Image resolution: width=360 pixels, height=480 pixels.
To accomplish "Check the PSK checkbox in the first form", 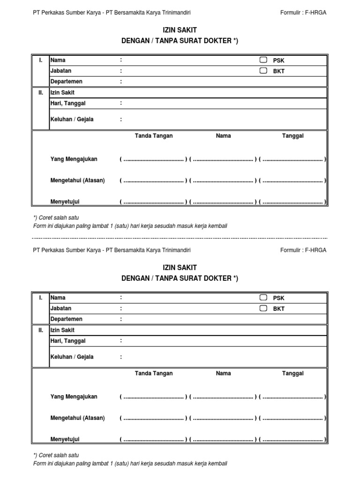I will (x=263, y=60).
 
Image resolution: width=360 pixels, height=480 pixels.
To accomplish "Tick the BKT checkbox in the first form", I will (x=263, y=71).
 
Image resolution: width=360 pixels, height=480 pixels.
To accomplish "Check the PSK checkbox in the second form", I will (x=263, y=298).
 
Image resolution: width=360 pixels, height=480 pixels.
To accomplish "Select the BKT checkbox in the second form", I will (x=263, y=308).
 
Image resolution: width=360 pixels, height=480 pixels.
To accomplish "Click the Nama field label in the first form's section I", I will (x=58, y=60).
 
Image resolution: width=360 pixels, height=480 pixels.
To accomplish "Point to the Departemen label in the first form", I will (x=66, y=82).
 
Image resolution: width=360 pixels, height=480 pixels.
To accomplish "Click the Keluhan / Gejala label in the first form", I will (x=72, y=119).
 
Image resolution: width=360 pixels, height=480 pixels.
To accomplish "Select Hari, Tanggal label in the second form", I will (x=68, y=341).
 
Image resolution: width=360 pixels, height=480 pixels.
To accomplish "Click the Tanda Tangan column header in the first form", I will (x=154, y=135).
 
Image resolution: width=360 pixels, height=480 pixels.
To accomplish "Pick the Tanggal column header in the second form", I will (x=292, y=373).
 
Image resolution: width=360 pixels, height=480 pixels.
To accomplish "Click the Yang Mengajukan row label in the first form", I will (x=74, y=159).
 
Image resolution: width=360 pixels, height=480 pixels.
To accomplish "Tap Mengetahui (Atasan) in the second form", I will (x=77, y=418).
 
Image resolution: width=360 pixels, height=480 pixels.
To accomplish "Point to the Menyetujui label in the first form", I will (x=65, y=202).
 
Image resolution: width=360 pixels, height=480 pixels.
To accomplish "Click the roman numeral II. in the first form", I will (x=41, y=93).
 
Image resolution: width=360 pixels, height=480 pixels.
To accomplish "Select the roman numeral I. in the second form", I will (x=41, y=298).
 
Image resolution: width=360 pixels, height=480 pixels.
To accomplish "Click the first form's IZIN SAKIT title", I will (x=180, y=30).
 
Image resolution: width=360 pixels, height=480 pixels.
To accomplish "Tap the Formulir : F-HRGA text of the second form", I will (x=303, y=250).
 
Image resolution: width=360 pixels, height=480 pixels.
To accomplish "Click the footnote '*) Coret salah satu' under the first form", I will (x=56, y=217).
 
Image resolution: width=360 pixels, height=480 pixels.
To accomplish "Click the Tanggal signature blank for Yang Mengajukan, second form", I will (x=292, y=397).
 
